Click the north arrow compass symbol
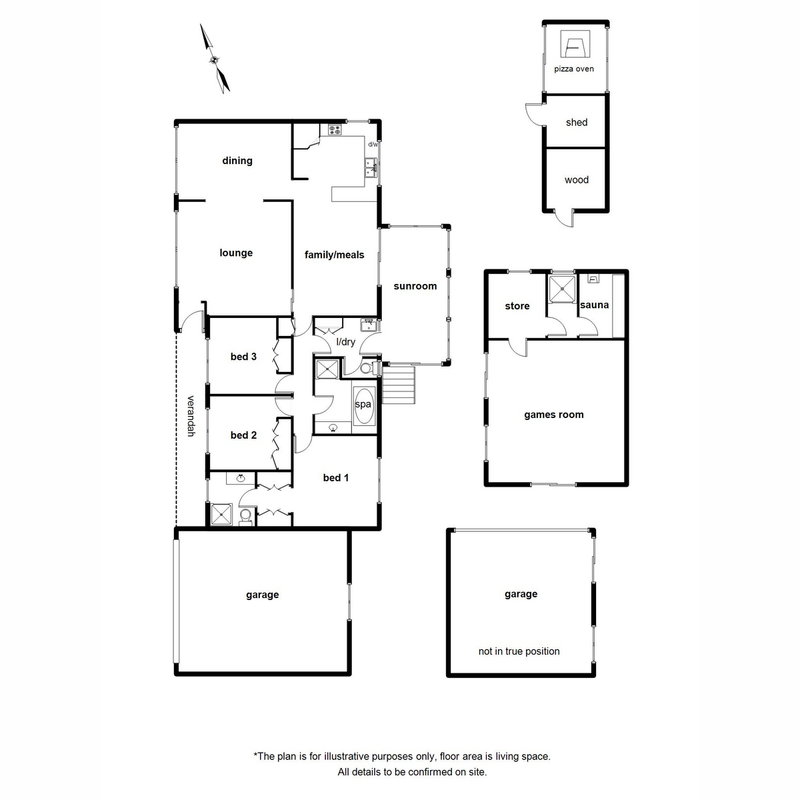215,59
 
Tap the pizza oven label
573,69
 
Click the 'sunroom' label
415,286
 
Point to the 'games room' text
553,415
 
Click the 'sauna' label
594,305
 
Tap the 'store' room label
517,306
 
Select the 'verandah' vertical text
191,416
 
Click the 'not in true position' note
519,651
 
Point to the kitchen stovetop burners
334,130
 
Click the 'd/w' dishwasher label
373,144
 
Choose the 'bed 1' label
335,477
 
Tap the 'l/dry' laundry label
345,342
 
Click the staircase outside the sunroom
399,386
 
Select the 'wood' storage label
576,180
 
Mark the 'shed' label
576,123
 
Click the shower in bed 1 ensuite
221,515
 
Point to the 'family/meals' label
334,255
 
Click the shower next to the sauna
561,288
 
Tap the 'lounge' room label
236,253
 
